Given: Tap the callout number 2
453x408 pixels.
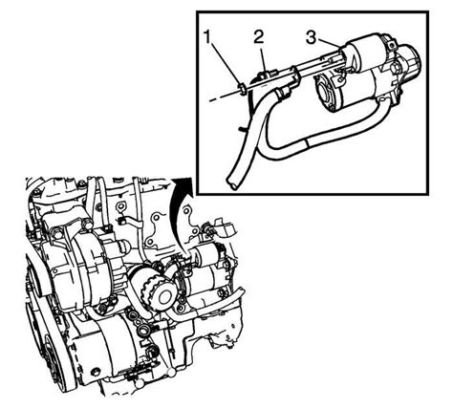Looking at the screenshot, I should coord(258,37).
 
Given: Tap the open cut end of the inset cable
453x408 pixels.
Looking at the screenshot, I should coord(230,184).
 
